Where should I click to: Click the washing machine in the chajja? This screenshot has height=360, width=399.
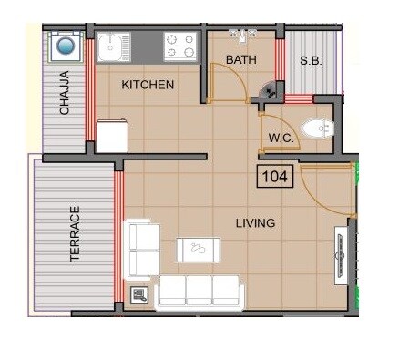65,46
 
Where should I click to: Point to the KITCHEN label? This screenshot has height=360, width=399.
147,85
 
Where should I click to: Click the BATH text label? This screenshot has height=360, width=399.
241,61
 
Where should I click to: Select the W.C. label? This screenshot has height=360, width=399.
279,139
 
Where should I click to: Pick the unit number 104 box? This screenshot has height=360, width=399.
277,177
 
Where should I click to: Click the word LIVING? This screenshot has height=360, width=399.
255,222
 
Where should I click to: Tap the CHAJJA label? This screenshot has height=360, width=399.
66,96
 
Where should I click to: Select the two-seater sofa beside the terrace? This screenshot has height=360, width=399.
143,247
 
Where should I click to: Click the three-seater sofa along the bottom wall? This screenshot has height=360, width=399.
199,291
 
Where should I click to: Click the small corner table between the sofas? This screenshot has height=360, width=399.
141,293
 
